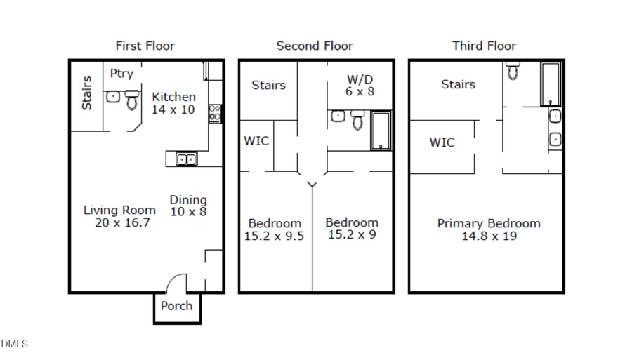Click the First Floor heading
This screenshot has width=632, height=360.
pos(145,46)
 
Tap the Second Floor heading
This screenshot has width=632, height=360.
pos(315,46)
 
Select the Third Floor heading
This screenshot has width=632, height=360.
pos(484,46)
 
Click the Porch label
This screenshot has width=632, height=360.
pos(176,306)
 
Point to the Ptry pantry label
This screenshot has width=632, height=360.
pos(121,73)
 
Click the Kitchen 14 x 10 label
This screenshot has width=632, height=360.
pos(173,103)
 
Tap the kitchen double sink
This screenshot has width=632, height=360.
pos(186,159)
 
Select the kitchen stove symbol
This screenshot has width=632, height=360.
pos(215,114)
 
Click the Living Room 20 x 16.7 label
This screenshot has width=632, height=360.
pos(119,216)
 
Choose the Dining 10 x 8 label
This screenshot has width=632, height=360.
pos(188,206)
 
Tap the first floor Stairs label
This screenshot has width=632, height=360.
pos(86,93)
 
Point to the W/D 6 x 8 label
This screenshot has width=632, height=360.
pos(360,84)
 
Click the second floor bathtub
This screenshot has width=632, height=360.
pos(381,131)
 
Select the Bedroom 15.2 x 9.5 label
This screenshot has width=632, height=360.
pos(274,229)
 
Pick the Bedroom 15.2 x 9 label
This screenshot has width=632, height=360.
pos(352,228)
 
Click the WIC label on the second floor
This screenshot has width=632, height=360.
pos(256,140)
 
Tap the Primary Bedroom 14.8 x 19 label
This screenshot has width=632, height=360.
pos(489,229)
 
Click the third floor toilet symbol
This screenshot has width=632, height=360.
pos(513,70)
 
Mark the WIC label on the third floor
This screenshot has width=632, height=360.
pos(442,142)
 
